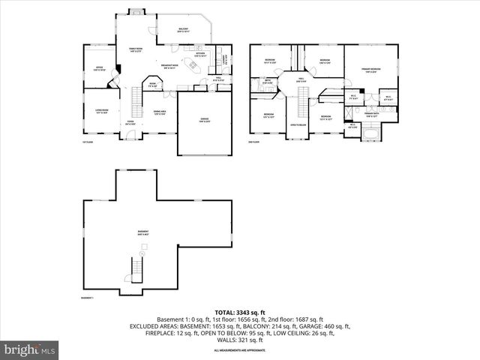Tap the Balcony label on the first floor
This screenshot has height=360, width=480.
tap(183, 31)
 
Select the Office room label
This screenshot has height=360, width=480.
tap(99, 67)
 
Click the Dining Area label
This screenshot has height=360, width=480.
tap(159, 112)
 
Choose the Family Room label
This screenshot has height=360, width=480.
tap(136, 50)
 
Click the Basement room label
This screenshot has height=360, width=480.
tap(142, 232)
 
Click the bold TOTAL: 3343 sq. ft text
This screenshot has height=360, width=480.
tap(239, 312)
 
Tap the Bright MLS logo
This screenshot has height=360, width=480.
tap(30, 349)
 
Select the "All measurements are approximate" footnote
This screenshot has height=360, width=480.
tap(239, 350)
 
